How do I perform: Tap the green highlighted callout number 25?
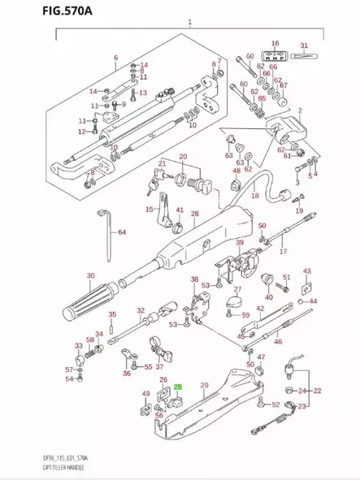click(x=179, y=388)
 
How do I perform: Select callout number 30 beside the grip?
click(x=90, y=275)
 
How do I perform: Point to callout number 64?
click(x=123, y=233)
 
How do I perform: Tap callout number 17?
click(x=284, y=252)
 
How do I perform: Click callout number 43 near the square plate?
click(x=306, y=270)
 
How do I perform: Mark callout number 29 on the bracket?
click(x=206, y=383)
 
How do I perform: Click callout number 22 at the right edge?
click(x=318, y=391)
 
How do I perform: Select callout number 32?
click(x=141, y=310)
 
